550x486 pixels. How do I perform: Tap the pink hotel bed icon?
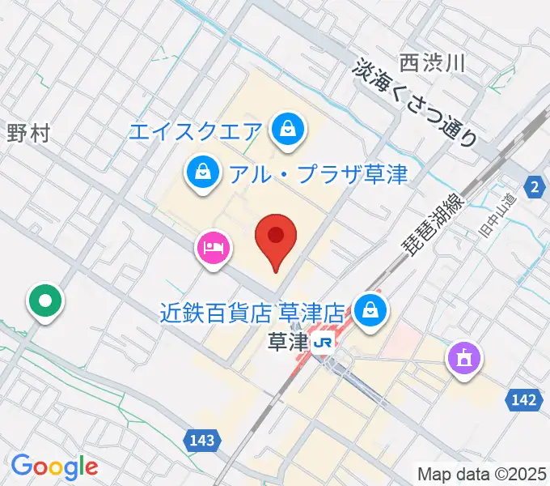point(213,245)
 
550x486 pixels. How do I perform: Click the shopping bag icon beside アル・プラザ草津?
point(201,172)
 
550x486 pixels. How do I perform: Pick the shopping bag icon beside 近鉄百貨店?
point(370,310)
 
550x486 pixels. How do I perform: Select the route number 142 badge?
point(524,399)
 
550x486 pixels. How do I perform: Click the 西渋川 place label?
point(432,62)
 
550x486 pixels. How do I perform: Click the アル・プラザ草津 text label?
point(317,173)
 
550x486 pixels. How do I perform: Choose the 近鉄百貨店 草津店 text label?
point(253,311)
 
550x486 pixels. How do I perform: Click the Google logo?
point(54,467)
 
